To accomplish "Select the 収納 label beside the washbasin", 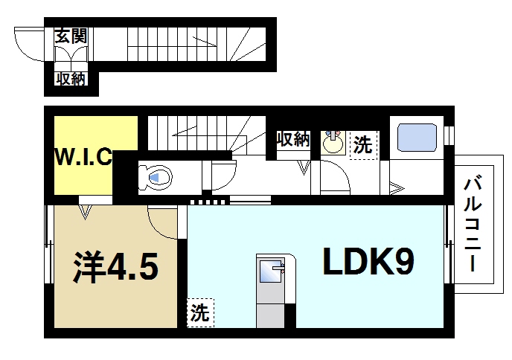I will click(x=292, y=139).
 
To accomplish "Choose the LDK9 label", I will click(x=368, y=261).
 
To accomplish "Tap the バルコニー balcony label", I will click(x=472, y=223).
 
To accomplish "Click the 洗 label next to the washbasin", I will click(x=362, y=144).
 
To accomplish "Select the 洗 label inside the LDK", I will click(x=199, y=312).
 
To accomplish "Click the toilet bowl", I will click(x=156, y=177).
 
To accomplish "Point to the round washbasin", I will click(x=333, y=143).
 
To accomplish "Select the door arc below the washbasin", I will click(x=338, y=179).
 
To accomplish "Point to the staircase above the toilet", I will click(x=201, y=134).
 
